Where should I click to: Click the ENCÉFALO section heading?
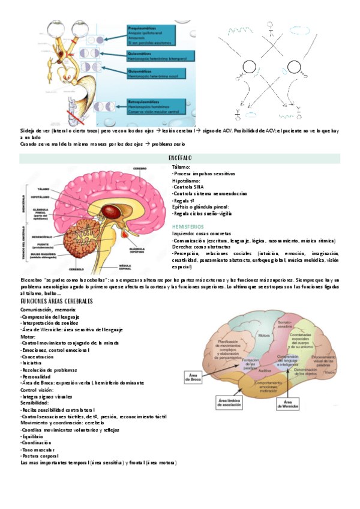(x=180, y=158)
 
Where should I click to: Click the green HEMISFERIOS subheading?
(x=188, y=226)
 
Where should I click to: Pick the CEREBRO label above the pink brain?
(x=140, y=169)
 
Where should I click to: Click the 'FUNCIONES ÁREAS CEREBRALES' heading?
(x=57, y=300)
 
